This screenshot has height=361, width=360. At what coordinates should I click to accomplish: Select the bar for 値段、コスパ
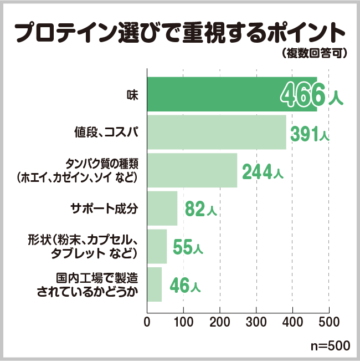coord(217,133)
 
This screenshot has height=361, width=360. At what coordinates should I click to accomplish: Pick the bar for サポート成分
coord(162,209)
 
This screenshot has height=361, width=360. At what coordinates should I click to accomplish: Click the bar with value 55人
coord(157,247)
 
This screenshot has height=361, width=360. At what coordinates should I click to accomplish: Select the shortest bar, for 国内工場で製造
coord(155,284)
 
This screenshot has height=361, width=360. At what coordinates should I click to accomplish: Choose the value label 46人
coord(185,286)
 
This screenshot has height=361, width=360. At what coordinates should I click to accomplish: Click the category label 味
coord(132,95)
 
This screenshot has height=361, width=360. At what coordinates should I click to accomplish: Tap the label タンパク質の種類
coord(101,165)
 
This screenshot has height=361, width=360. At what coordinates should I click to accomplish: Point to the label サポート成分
coord(104,209)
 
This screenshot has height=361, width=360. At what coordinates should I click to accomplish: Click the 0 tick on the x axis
coord(147,321)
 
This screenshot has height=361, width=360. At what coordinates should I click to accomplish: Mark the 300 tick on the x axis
coord(256,321)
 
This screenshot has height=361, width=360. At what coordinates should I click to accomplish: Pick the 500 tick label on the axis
coord(329,321)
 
